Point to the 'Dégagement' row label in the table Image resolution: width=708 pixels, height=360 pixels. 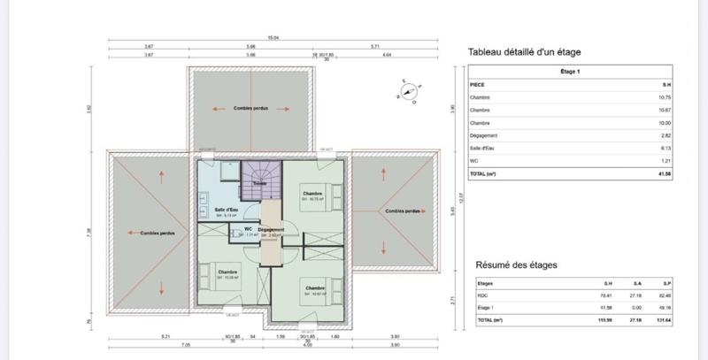(485, 136)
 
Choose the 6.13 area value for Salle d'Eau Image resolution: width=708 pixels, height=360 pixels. (664, 149)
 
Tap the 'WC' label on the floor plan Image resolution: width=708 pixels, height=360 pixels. (249, 229)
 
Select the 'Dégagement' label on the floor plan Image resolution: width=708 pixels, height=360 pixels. (271, 230)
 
